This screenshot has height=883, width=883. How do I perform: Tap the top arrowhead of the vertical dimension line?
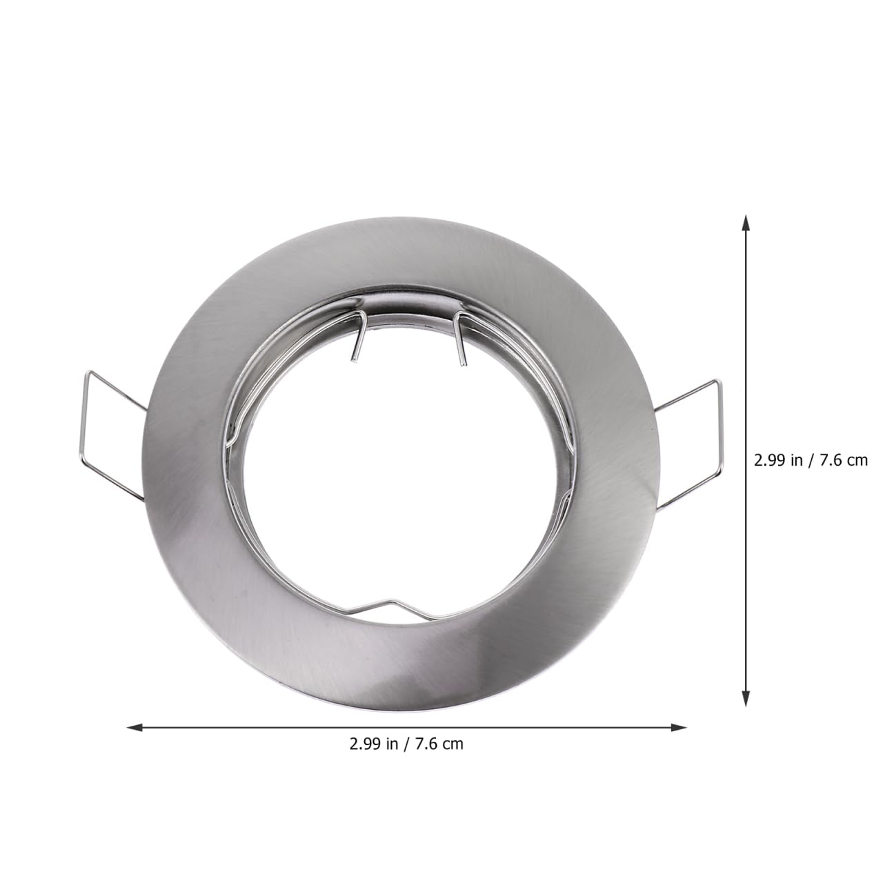(x=745, y=222)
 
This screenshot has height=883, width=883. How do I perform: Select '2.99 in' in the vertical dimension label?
(x=779, y=460)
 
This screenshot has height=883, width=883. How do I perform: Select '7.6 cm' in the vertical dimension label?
(x=843, y=460)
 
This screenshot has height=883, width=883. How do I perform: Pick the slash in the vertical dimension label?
(x=811, y=460)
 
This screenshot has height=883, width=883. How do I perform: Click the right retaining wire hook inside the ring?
(x=460, y=338)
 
